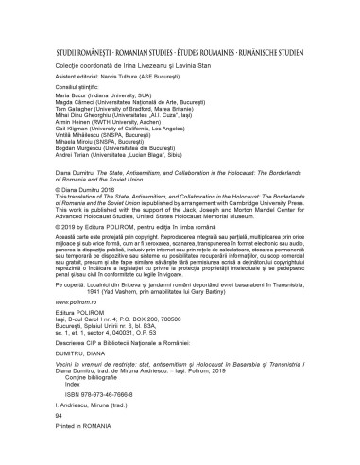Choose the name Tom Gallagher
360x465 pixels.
(65, 110)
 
